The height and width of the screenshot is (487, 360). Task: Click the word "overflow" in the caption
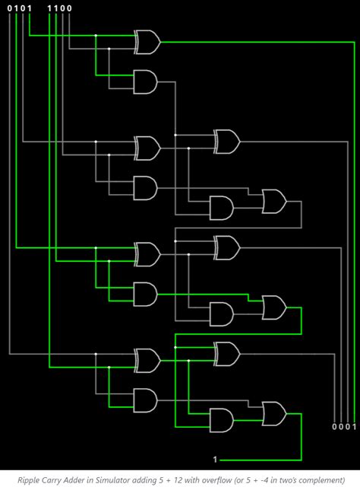pyautogui.click(x=218, y=479)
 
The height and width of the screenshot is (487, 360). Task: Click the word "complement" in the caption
pyautogui.click(x=324, y=480)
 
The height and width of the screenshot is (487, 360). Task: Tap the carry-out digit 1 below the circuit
pyautogui.click(x=215, y=460)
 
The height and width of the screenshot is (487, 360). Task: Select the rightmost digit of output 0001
pyautogui.click(x=355, y=426)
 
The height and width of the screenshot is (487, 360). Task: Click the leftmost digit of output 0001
pyautogui.click(x=334, y=426)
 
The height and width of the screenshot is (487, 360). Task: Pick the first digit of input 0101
pyautogui.click(x=9, y=8)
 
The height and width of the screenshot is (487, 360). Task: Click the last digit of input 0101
pyautogui.click(x=30, y=8)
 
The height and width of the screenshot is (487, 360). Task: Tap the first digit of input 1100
pyautogui.click(x=49, y=8)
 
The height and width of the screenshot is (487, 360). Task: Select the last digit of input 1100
pyautogui.click(x=69, y=8)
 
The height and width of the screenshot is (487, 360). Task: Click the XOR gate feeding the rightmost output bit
pyautogui.click(x=147, y=42)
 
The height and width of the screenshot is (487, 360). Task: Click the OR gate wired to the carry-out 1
pyautogui.click(x=274, y=414)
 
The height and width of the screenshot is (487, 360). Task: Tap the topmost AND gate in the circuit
pyautogui.click(x=145, y=82)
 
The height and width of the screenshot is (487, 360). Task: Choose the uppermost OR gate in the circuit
pyautogui.click(x=274, y=201)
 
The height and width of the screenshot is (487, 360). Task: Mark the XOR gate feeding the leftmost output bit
pyautogui.click(x=227, y=354)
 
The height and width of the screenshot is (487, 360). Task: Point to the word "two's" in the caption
pyautogui.click(x=294, y=479)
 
